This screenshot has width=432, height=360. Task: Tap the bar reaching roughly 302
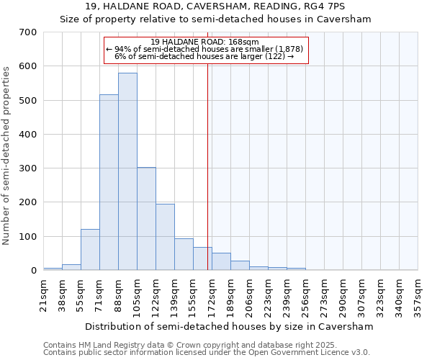coord(146,219)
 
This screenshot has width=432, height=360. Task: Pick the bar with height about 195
coord(165,237)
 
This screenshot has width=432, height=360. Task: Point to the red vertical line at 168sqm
coord(208,166)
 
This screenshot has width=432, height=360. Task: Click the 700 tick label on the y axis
coord(28,32)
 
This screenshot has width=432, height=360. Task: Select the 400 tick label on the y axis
coord(28,135)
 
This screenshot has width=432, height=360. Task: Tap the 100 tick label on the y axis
coord(28,237)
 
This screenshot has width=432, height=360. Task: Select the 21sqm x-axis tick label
coord(43,296)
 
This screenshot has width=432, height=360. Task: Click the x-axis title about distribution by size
coord(230,326)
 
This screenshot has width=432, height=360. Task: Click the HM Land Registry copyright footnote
coord(205,345)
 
